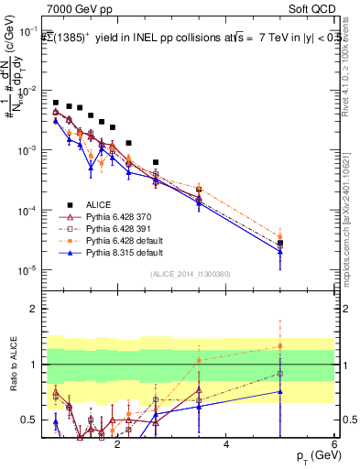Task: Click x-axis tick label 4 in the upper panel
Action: coord(226,293)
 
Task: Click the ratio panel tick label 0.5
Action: coord(30,420)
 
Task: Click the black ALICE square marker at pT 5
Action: coord(280,244)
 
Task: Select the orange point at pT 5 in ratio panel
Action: coord(280,346)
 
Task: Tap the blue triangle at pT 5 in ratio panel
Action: coord(280,391)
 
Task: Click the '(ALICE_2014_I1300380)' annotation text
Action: coord(190,273)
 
